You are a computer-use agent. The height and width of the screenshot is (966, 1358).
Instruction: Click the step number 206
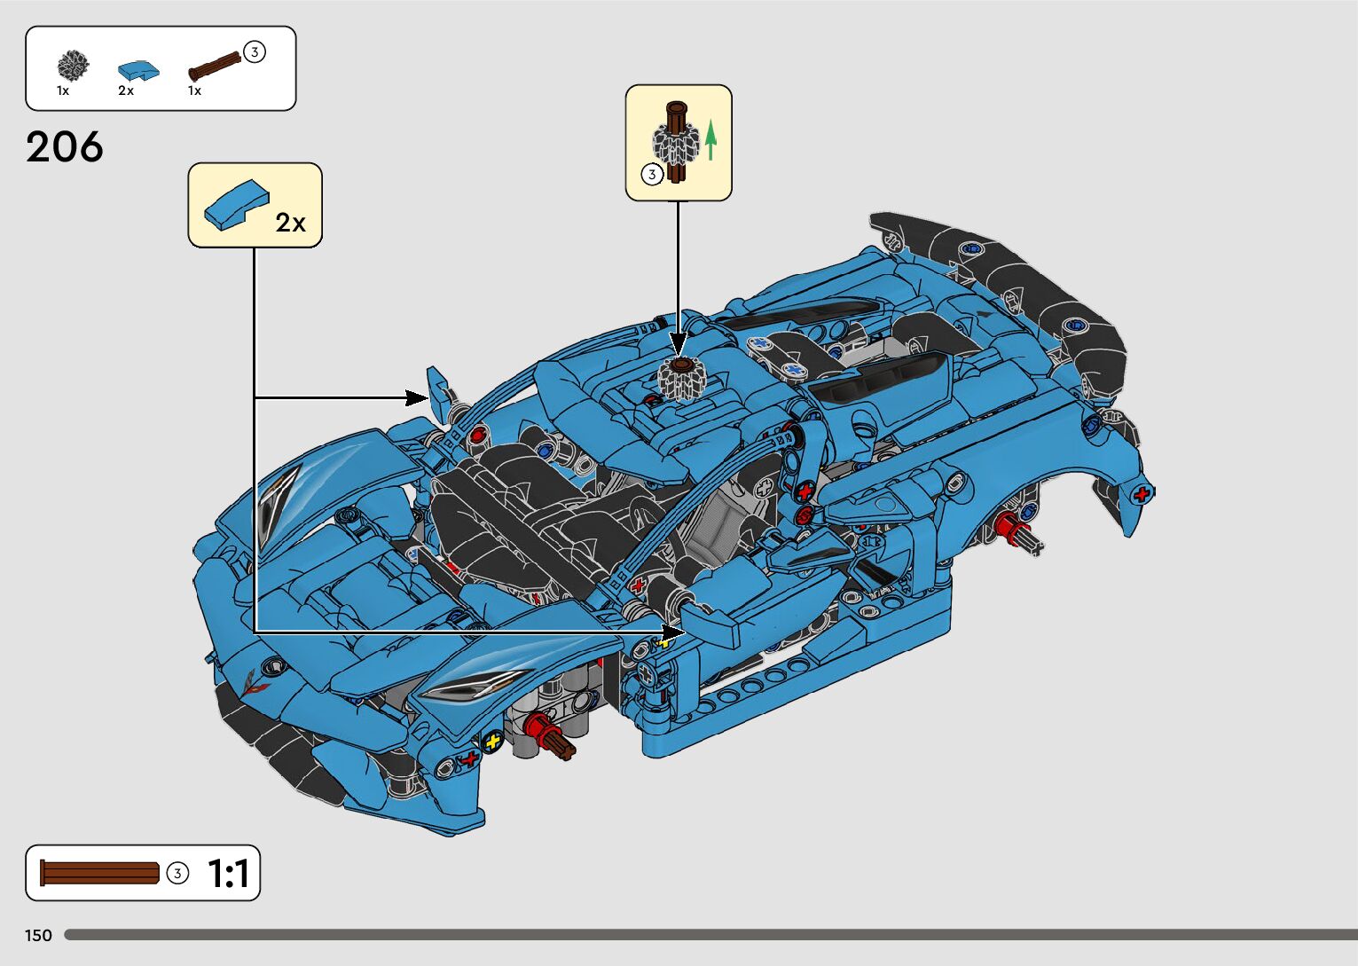[65, 147]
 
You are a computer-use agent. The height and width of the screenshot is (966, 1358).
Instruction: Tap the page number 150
[38, 935]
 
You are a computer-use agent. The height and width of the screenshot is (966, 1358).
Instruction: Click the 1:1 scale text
[228, 874]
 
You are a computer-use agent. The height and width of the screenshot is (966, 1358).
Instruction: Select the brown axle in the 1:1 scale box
[99, 873]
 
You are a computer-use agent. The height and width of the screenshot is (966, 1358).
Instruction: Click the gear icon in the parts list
[73, 66]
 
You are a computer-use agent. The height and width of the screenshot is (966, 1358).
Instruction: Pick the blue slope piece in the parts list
[138, 70]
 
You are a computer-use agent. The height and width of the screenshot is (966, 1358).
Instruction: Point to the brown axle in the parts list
[214, 67]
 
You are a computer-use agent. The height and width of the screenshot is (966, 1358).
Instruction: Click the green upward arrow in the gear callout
[710, 141]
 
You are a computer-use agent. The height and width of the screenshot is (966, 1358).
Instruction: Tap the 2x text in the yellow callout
[290, 223]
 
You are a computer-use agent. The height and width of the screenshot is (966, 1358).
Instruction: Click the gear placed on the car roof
[680, 379]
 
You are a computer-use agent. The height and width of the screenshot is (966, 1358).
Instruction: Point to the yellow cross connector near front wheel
[492, 742]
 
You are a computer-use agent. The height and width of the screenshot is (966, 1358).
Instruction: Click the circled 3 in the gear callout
[652, 175]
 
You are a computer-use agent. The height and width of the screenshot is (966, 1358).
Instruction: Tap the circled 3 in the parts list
[255, 52]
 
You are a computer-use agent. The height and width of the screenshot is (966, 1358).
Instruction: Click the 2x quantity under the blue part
[126, 90]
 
